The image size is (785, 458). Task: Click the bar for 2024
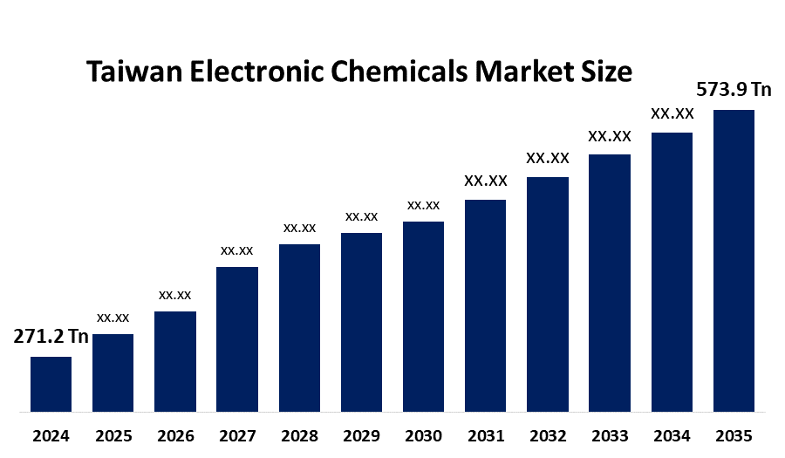51,384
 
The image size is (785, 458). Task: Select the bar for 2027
237,338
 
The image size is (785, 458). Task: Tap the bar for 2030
423,316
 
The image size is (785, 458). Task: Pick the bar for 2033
610,283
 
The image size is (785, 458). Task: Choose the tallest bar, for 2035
734,260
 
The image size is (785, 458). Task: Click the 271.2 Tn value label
51,338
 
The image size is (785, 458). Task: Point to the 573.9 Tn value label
734,90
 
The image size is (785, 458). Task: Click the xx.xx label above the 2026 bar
174,295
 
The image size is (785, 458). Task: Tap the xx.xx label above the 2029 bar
361,216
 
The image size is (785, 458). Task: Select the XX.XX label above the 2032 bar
548,159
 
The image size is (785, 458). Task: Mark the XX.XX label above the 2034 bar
672,114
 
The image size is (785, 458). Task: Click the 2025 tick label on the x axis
113,435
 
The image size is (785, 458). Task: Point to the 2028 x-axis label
299,435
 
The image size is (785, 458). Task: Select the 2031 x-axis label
486,435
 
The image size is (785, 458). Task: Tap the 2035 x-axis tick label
734,435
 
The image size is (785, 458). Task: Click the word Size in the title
605,72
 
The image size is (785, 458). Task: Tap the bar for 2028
299,327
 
